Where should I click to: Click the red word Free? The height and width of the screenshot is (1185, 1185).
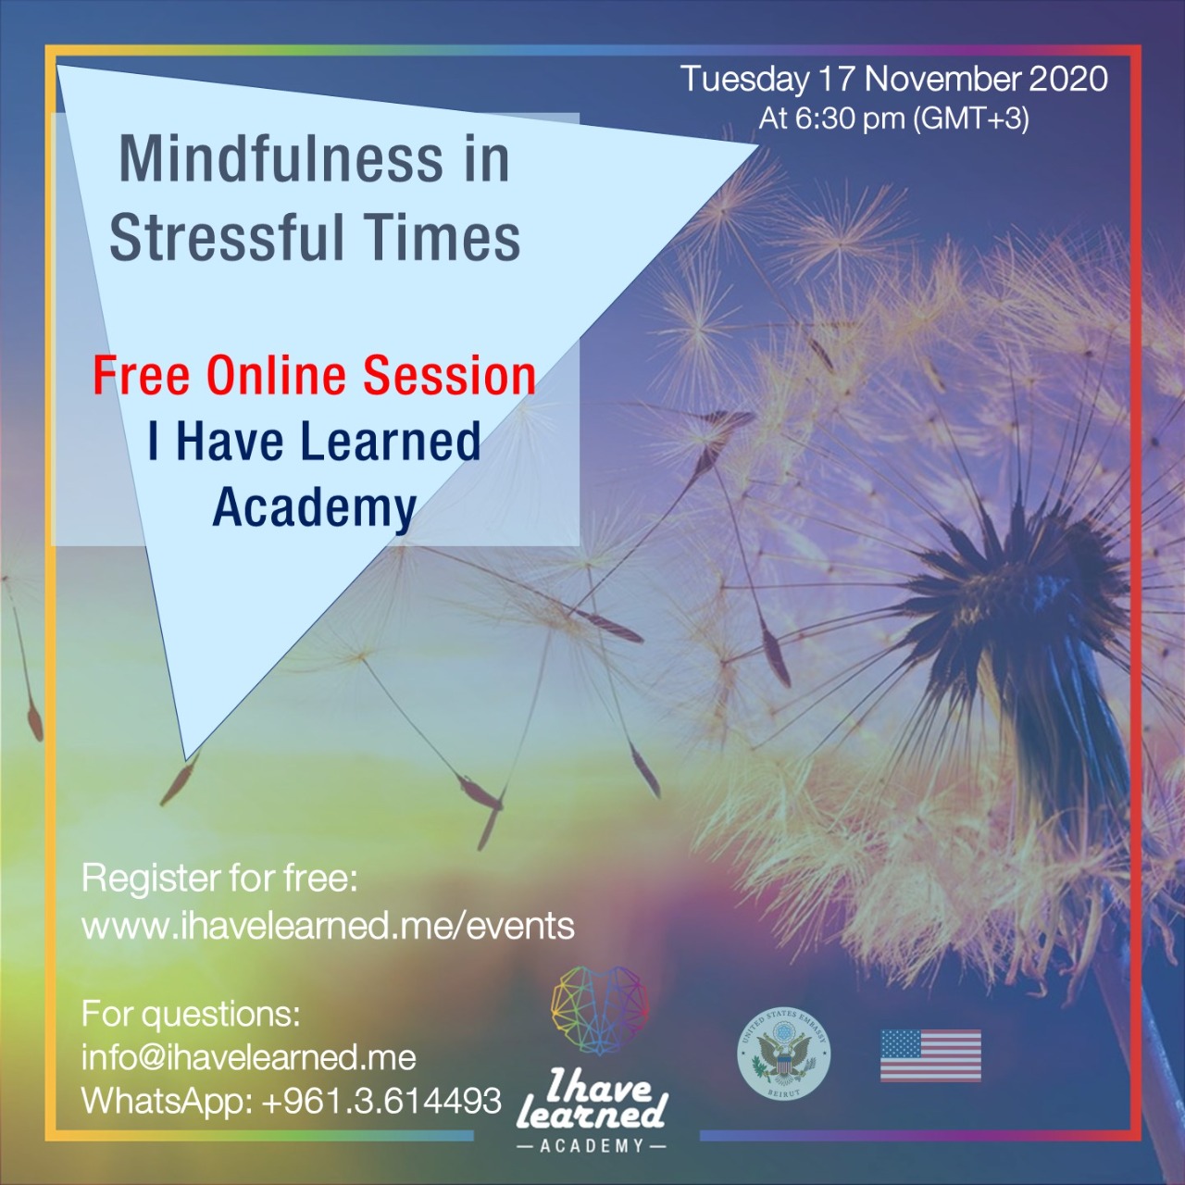(x=141, y=376)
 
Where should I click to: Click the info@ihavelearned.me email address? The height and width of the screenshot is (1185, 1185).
(x=249, y=1057)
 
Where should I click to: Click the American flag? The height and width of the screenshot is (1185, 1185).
(x=930, y=1055)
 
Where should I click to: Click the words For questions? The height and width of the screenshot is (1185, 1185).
(x=192, y=1014)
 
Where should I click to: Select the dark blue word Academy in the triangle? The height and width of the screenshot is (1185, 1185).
(x=314, y=508)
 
